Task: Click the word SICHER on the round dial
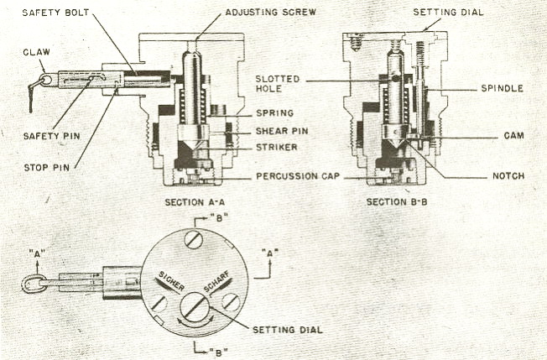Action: [172, 280]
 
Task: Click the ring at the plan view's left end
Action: [34, 284]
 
